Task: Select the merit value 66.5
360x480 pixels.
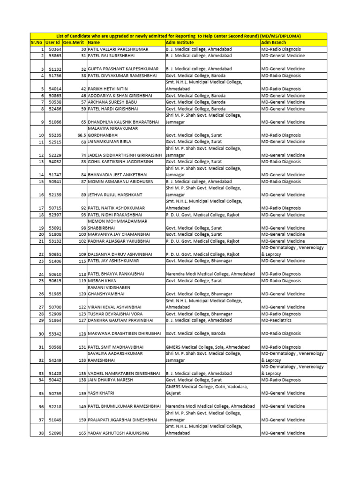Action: (82, 135)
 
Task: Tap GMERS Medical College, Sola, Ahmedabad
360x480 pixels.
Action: (208, 347)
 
